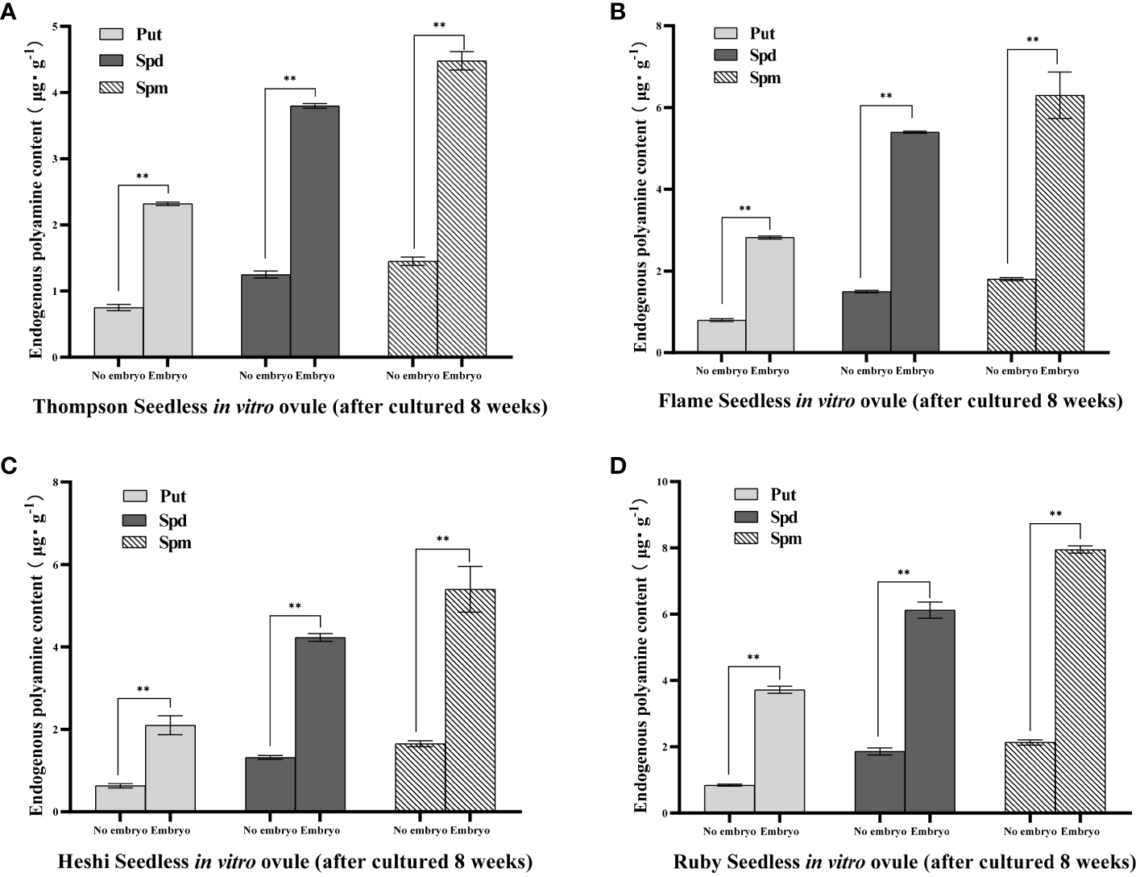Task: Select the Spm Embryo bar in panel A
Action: point(462,209)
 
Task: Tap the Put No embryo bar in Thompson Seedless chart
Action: point(118,332)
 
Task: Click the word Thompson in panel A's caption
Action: point(69,406)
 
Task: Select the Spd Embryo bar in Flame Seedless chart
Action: point(914,242)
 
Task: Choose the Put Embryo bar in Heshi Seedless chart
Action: point(170,768)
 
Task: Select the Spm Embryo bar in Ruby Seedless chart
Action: point(1080,681)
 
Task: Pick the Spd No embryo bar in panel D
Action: point(880,782)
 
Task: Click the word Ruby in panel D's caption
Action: point(698,862)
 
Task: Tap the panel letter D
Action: point(617,465)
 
